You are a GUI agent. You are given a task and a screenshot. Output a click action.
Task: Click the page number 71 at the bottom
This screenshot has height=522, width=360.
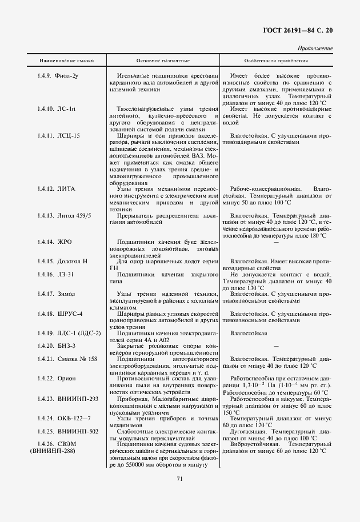click(x=179, y=479)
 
